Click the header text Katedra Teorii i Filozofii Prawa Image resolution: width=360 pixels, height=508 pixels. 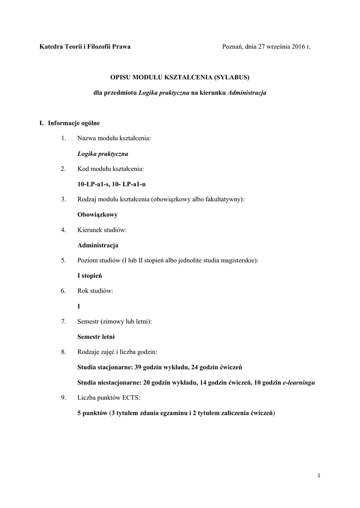(85, 47)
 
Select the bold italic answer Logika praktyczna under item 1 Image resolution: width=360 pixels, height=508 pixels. (106, 154)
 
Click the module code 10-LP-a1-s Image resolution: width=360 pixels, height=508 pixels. (94, 184)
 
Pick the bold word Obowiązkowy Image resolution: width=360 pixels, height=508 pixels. (97, 215)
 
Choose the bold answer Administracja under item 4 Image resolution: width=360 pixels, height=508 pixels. (98, 245)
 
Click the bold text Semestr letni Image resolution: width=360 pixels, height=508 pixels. (96, 336)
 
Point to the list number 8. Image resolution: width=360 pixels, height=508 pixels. (63, 352)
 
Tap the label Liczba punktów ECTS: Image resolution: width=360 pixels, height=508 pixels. (109, 398)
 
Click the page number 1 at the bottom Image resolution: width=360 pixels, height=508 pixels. (319, 476)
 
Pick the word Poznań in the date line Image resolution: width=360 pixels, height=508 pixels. (232, 47)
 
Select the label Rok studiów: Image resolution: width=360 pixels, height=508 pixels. (95, 291)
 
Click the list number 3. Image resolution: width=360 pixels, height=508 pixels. (63, 199)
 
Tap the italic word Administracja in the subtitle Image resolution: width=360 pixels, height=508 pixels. (247, 92)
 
